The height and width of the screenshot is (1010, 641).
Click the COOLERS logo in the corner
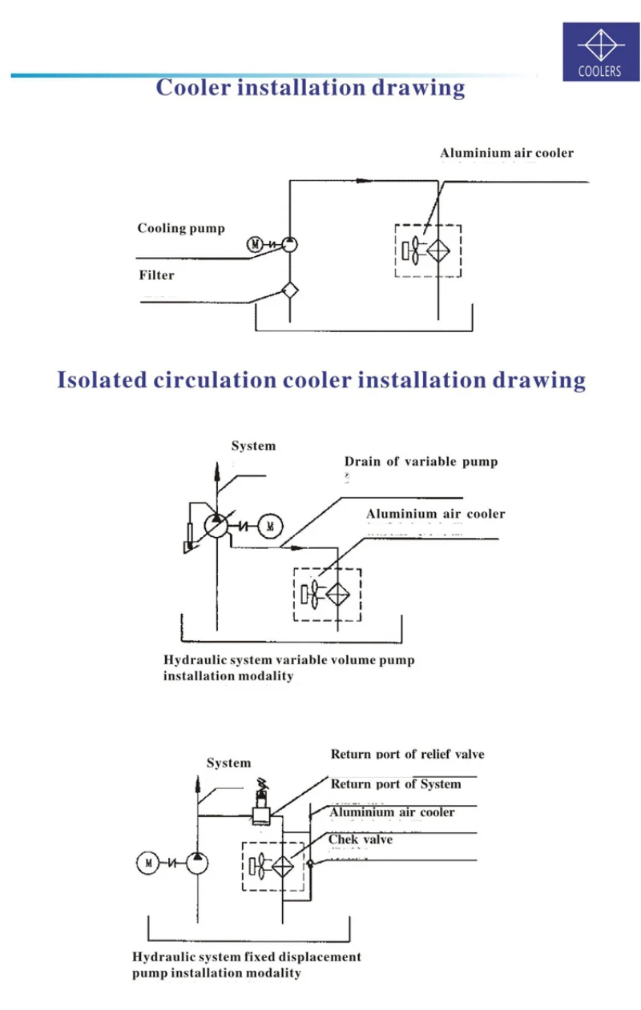click(602, 52)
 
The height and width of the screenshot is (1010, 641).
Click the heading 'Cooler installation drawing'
click(310, 87)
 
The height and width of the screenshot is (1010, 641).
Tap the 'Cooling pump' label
click(181, 229)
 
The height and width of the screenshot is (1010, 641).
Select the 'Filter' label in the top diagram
click(156, 275)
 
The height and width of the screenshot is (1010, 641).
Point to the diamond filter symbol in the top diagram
click(289, 290)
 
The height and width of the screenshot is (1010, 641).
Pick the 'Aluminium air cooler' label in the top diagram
click(506, 153)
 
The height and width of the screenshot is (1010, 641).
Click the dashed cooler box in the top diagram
click(428, 250)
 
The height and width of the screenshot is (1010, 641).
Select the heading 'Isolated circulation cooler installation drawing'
click(320, 379)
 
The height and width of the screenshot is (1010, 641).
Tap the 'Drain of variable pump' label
click(421, 462)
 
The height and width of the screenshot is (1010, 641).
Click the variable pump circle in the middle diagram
click(215, 526)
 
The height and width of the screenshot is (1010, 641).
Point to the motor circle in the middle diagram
click(270, 526)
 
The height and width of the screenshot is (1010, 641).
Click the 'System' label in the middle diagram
click(253, 446)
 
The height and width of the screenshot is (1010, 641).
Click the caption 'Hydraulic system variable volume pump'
click(289, 661)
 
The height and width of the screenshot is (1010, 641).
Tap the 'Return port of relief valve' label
click(407, 754)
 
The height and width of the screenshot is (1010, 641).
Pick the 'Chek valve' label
click(361, 840)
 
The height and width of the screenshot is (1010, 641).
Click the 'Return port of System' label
click(396, 784)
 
